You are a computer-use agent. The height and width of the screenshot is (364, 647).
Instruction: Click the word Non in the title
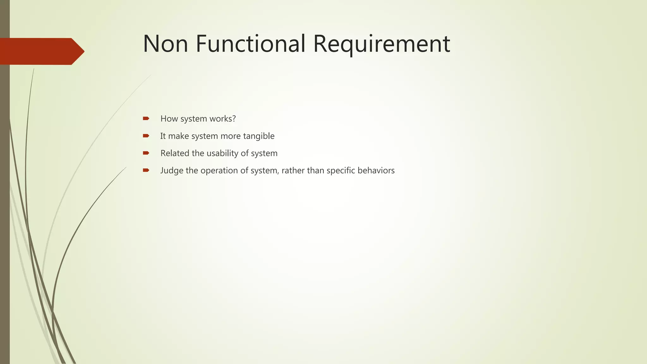pyautogui.click(x=166, y=44)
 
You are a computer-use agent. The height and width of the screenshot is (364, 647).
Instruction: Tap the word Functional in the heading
pyautogui.click(x=251, y=44)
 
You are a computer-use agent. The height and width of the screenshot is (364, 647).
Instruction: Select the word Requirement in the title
pyautogui.click(x=381, y=44)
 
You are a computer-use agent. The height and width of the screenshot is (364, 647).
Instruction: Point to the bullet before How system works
pyautogui.click(x=146, y=118)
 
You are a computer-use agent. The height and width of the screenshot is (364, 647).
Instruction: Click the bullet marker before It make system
pyautogui.click(x=146, y=136)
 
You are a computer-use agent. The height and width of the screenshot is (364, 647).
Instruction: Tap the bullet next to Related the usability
pyautogui.click(x=146, y=153)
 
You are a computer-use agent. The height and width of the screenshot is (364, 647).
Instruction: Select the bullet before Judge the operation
pyautogui.click(x=146, y=171)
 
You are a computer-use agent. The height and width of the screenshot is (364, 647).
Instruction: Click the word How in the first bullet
pyautogui.click(x=169, y=119)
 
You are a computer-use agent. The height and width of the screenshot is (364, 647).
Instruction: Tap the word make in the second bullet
pyautogui.click(x=178, y=136)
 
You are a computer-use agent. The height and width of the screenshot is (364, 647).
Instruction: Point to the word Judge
pyautogui.click(x=172, y=171)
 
